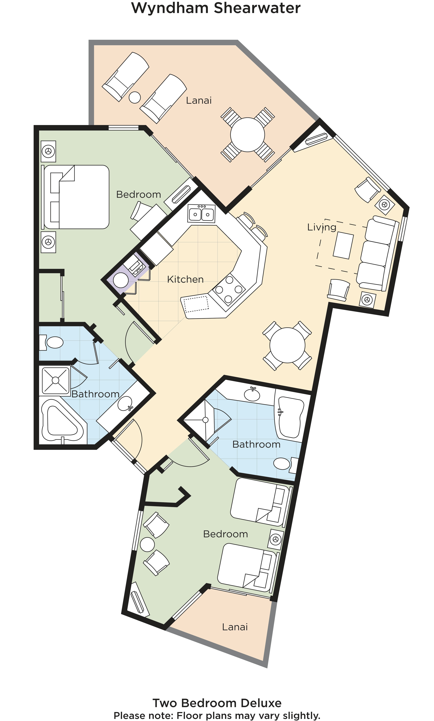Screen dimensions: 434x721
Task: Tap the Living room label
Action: tap(322, 227)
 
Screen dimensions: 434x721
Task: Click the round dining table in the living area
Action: tap(287, 345)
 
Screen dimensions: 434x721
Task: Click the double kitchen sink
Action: tap(202, 213)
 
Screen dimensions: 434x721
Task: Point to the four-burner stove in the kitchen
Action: tap(229, 290)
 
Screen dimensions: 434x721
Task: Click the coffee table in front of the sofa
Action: tap(343, 245)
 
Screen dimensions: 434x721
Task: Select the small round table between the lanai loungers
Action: tap(135, 97)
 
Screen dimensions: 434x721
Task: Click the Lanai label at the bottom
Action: tap(235, 627)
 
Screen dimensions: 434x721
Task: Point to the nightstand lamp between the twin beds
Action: tap(276, 539)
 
